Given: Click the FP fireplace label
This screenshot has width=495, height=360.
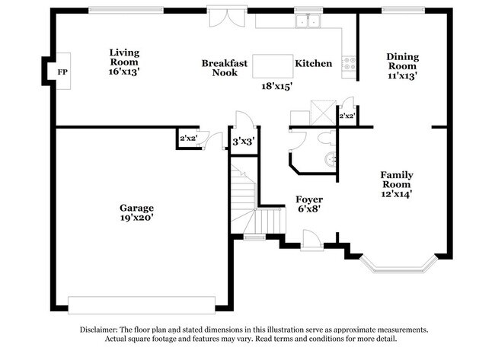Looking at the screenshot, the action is (62, 72).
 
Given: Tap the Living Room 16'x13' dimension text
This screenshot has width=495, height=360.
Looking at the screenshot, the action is (124, 72).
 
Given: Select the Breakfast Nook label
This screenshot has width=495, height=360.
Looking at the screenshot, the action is (225, 68).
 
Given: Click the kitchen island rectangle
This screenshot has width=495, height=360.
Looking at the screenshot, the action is (273, 66).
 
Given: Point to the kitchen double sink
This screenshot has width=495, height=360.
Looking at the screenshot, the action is (308, 21).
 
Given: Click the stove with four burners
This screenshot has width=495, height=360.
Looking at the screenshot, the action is (349, 63).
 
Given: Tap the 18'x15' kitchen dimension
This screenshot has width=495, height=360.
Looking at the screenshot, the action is (276, 86).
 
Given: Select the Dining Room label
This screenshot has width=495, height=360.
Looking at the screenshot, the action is (403, 61).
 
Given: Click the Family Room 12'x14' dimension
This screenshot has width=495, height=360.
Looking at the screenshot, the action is (396, 194).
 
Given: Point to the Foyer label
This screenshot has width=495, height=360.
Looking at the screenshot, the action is (309, 199).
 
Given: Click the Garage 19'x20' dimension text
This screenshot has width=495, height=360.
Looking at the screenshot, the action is (136, 218).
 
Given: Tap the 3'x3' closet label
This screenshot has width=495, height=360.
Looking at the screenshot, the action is (244, 142).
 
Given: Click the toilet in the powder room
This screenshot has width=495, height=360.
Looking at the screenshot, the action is (326, 139).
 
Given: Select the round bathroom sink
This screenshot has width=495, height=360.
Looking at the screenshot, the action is (331, 159).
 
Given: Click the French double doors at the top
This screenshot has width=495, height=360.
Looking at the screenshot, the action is (227, 17).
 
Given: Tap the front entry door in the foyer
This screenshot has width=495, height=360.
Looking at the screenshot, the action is (312, 241).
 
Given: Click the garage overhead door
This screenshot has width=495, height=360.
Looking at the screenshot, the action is (142, 305).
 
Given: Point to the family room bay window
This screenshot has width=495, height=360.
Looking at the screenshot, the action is (399, 265).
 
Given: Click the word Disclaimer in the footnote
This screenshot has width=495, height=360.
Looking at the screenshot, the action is (98, 330).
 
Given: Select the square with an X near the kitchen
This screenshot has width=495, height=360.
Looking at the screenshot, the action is (323, 113).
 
